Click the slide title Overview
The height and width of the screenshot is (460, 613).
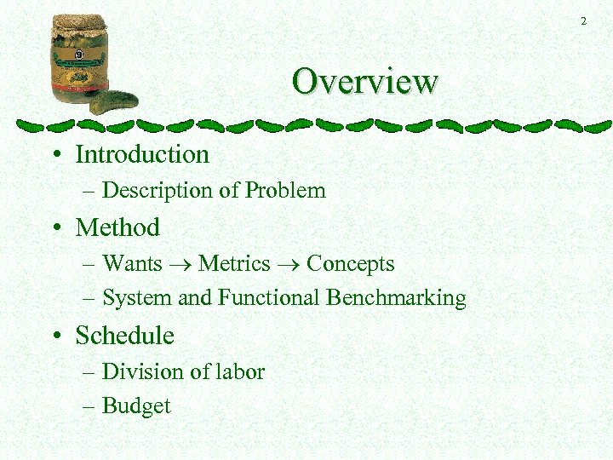(x=364, y=82)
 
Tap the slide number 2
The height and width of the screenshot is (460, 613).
(x=583, y=21)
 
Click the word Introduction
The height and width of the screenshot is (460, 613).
(x=142, y=154)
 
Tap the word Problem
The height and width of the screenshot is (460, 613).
(x=285, y=190)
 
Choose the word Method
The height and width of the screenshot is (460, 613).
(x=117, y=227)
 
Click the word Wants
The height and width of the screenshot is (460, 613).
(x=132, y=263)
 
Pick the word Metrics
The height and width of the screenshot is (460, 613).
(x=234, y=263)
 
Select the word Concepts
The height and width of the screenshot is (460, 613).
(x=350, y=263)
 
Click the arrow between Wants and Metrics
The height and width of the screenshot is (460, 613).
(x=180, y=265)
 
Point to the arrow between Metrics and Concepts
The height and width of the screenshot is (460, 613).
(x=289, y=265)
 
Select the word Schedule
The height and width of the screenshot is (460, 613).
(x=124, y=336)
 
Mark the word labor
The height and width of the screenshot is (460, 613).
(x=242, y=371)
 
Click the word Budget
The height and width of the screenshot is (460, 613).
(x=136, y=406)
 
